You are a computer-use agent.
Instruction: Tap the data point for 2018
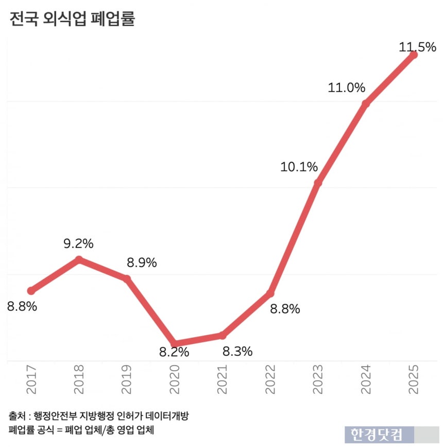tap(79, 259)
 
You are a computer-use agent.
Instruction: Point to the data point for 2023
tap(318, 183)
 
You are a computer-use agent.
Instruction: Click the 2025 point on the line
tap(413, 55)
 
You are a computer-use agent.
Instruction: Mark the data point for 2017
tap(31, 291)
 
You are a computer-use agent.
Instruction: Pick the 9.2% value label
tap(79, 243)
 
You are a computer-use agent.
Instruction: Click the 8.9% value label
tap(142, 262)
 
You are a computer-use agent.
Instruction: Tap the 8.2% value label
tap(174, 353)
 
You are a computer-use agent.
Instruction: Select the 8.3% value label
tap(237, 352)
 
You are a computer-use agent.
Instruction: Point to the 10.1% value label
tap(299, 167)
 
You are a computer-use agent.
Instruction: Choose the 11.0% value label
tap(347, 88)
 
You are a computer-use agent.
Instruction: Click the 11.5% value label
tap(418, 47)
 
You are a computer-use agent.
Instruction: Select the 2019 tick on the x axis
tap(127, 380)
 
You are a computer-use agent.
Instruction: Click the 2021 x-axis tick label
tap(222, 380)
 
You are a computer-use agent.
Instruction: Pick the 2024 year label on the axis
tap(366, 380)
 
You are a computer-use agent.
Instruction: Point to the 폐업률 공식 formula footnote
tap(82, 429)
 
